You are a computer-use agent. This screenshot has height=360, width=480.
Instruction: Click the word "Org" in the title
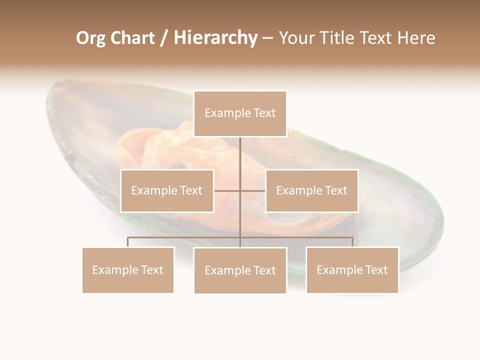(90, 38)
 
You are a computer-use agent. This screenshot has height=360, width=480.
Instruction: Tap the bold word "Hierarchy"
(215, 38)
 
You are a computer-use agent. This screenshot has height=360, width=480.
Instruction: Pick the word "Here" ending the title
(416, 38)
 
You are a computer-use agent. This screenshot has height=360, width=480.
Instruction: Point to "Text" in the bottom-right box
(375, 270)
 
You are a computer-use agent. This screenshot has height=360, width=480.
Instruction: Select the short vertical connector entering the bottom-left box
(128, 242)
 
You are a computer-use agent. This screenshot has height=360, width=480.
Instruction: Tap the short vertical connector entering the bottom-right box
(352, 242)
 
